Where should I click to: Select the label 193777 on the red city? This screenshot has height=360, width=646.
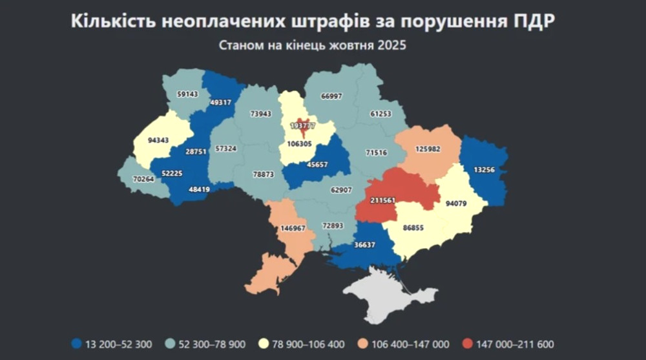coord(302,125)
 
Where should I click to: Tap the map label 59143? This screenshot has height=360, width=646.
coord(187,94)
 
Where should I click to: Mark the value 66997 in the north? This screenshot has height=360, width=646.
coord(331,96)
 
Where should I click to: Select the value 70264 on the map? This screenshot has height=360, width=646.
coord(143,179)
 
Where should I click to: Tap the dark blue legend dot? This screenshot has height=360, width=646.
coord(78,344)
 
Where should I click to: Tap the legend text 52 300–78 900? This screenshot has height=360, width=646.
coord(208,344)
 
